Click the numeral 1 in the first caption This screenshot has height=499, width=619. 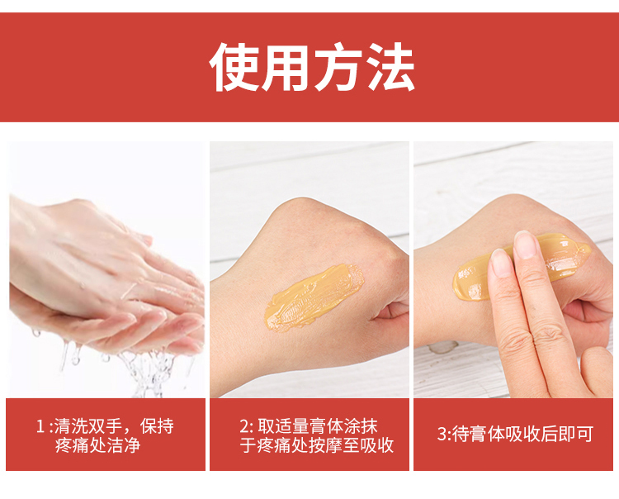[40, 426]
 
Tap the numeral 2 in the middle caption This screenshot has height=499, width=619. [244, 426]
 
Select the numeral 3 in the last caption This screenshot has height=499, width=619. [442, 434]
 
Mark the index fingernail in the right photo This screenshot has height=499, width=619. [501, 263]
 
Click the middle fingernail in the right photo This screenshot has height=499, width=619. [526, 245]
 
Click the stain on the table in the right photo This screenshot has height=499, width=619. [443, 347]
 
